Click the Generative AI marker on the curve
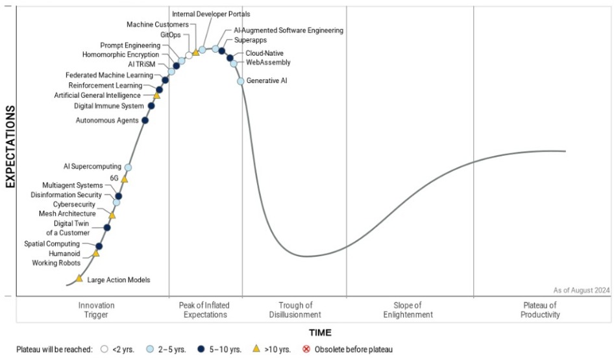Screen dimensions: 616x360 coord(240,81)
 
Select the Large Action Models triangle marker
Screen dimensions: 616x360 coord(79,278)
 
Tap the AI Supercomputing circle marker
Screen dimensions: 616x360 coord(128,167)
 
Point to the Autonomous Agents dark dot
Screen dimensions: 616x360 coord(145,120)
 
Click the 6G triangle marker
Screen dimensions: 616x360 coord(124,179)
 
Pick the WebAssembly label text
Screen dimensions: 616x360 coord(268,62)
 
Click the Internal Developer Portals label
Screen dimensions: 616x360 coord(211,14)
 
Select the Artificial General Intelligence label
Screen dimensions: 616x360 coord(97,95)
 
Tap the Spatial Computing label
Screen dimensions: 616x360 coord(52,244)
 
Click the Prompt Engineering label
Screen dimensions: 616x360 coord(130,45)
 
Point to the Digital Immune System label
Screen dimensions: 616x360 coord(109,106)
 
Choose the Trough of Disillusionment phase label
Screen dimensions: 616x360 coord(295,310)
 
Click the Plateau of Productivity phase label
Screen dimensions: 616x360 coord(540,310)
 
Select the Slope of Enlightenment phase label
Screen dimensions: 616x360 coord(408,310)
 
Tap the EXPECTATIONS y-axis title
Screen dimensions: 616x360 coord(10,147)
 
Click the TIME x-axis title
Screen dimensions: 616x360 coord(320,333)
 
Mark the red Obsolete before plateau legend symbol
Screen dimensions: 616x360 coord(306,349)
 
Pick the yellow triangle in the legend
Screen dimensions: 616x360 coord(256,348)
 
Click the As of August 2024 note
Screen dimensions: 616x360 coord(582,291)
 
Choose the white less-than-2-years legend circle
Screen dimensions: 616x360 coord(104,349)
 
